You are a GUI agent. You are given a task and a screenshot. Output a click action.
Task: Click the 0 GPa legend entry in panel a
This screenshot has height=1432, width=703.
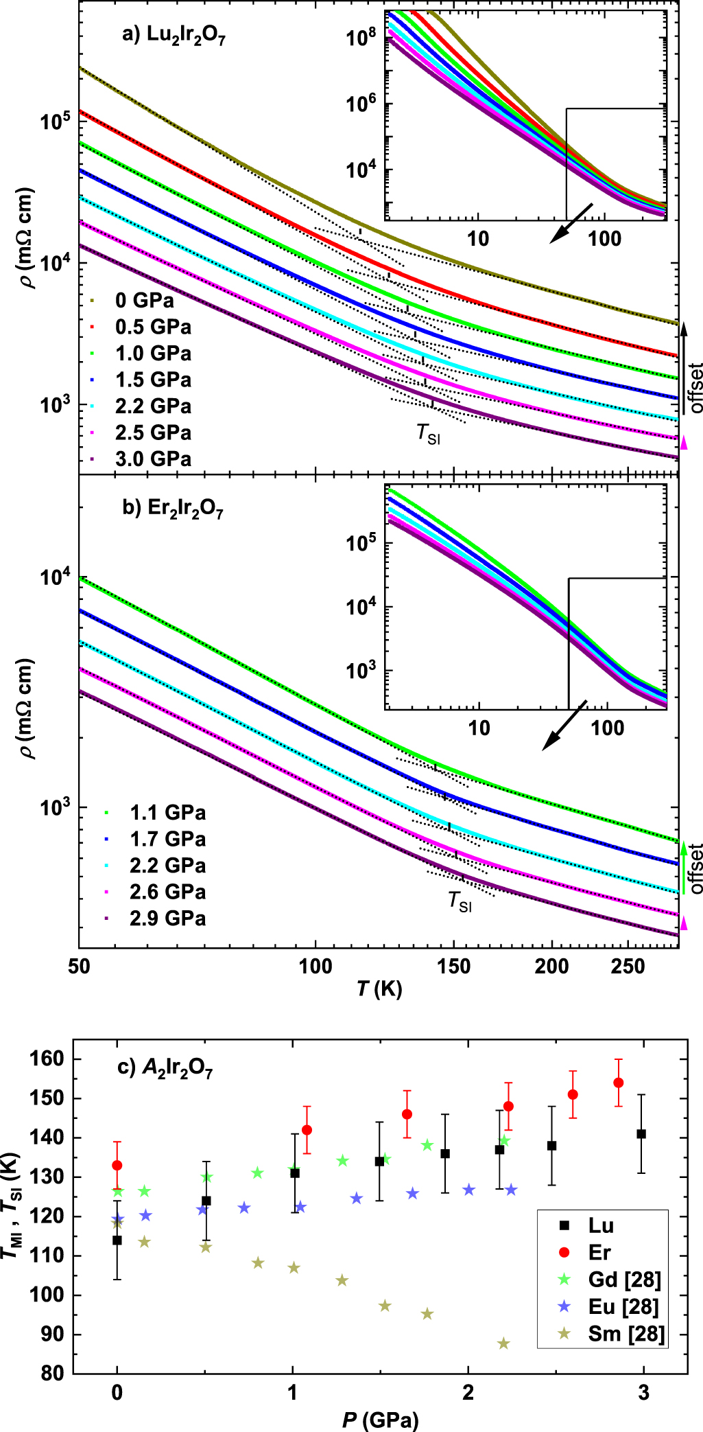[144, 300]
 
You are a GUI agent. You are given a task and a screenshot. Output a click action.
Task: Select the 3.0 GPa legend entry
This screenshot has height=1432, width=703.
[152, 459]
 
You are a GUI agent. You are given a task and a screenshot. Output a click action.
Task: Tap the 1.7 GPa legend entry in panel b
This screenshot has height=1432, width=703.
[167, 839]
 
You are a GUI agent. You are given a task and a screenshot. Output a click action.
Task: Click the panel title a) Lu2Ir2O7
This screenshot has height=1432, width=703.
[174, 36]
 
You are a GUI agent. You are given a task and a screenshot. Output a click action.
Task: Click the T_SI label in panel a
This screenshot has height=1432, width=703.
[428, 433]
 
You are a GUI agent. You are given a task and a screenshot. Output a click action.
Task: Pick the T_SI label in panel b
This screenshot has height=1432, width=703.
[460, 901]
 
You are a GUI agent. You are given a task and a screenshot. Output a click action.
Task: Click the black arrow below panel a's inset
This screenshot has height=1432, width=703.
[571, 222]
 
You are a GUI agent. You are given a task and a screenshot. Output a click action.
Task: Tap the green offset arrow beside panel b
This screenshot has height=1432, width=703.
[683, 866]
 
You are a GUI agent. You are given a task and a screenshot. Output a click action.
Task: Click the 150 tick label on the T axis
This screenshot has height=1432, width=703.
[453, 967]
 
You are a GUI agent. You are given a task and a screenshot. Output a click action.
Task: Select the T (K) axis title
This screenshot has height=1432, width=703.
[379, 989]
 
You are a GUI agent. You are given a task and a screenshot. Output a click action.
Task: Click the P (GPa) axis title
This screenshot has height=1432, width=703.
[380, 1418]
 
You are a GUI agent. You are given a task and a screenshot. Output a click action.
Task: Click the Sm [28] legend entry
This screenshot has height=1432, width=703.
[625, 1334]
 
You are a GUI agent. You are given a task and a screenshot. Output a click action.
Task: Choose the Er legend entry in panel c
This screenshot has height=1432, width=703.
[599, 1253]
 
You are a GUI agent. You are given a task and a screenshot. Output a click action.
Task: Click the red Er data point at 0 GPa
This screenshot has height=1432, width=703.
[117, 1165]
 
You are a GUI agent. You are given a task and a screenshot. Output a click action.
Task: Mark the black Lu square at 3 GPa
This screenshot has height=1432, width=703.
[641, 1134]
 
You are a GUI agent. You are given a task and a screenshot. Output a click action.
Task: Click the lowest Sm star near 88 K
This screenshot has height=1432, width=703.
[503, 1343]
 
